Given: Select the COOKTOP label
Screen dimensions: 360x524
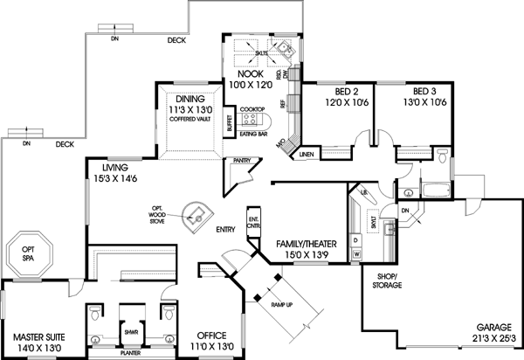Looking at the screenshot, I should [252, 108].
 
